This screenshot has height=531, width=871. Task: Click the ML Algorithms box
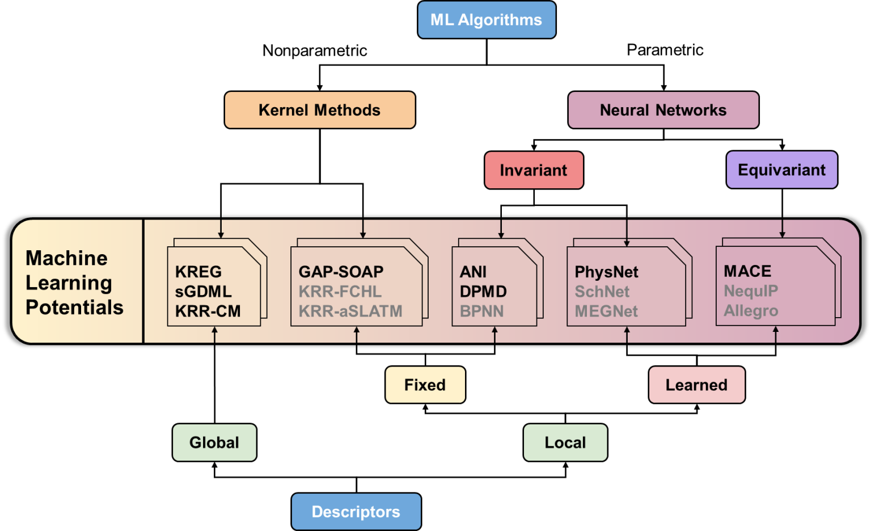pyautogui.click(x=487, y=20)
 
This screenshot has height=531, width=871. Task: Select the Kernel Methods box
pyautogui.click(x=320, y=110)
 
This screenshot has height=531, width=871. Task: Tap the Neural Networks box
pyautogui.click(x=663, y=110)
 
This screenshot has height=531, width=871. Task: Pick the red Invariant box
pyautogui.click(x=534, y=170)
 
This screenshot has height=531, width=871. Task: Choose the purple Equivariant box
pyautogui.click(x=781, y=170)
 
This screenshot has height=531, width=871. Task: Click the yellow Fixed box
pyautogui.click(x=425, y=385)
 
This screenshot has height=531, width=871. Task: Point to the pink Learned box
pyautogui.click(x=696, y=385)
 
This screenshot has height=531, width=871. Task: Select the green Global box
pyautogui.click(x=214, y=442)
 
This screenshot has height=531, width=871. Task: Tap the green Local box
pyautogui.click(x=565, y=442)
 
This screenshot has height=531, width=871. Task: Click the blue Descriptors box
pyautogui.click(x=356, y=512)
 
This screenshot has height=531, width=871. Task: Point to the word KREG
pyautogui.click(x=198, y=272)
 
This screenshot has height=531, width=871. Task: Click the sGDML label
pyautogui.click(x=204, y=292)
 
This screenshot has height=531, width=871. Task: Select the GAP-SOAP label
pyautogui.click(x=341, y=272)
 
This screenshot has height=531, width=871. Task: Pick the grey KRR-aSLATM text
pyautogui.click(x=350, y=311)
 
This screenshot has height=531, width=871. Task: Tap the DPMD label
pyautogui.click(x=483, y=292)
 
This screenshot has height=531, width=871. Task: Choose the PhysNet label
pyautogui.click(x=606, y=272)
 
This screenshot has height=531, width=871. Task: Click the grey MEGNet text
pyautogui.click(x=606, y=311)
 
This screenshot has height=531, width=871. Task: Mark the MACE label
pyautogui.click(x=747, y=271)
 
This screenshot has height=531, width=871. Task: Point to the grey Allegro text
pyautogui.click(x=751, y=311)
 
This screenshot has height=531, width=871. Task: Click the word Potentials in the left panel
pyautogui.click(x=74, y=307)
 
